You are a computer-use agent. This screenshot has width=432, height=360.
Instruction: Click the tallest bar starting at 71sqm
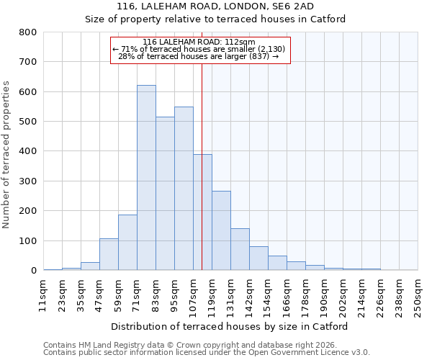pos(146,178)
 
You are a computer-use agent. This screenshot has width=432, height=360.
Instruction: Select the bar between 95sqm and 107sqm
pos(184,189)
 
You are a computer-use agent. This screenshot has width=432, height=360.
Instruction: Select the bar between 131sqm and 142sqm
pos(240,249)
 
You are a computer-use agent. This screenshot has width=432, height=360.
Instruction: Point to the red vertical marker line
pos(202,180)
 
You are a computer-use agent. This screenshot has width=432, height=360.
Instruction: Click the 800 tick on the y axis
pos(27,32)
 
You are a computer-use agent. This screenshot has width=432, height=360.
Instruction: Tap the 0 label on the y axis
pos(33,271)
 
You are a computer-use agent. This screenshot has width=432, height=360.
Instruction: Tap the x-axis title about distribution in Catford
pos(230,326)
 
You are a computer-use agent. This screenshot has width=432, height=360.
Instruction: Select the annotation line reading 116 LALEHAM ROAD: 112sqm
pos(199,42)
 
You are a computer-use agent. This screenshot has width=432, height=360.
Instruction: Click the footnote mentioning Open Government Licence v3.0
pos(206,352)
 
